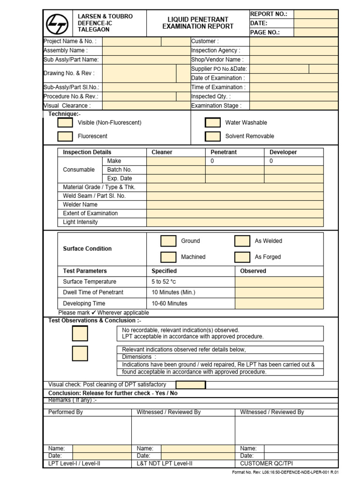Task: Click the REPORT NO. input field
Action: (x=316, y=14)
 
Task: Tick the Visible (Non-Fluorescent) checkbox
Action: (x=65, y=123)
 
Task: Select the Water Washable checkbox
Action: (x=213, y=123)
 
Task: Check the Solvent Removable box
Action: (x=213, y=136)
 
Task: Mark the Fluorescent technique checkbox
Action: (x=65, y=136)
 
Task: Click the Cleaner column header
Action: (x=162, y=152)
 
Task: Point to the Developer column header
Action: (x=283, y=152)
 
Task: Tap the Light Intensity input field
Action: (x=235, y=222)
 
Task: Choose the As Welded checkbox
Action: (x=242, y=241)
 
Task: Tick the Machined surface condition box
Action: (x=168, y=257)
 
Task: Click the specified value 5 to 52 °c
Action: (x=164, y=282)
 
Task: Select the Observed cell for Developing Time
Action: (x=279, y=303)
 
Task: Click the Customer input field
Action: (x=294, y=41)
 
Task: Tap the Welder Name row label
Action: (x=80, y=205)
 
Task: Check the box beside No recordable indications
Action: (x=80, y=333)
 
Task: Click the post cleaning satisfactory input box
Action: (x=190, y=385)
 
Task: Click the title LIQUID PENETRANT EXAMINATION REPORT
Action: (x=198, y=23)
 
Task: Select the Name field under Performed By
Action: (x=102, y=449)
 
